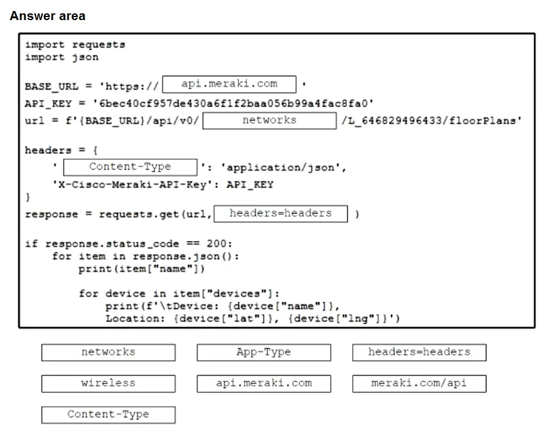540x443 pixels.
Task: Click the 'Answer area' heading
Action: coord(47,16)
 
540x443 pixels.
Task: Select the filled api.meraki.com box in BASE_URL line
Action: coord(229,84)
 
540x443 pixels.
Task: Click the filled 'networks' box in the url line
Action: coord(269,120)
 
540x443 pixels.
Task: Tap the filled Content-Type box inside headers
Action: coord(130,167)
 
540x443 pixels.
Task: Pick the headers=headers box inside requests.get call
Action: coord(281,214)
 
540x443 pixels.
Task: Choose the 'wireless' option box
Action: coord(108,383)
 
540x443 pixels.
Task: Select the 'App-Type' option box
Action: coord(264,352)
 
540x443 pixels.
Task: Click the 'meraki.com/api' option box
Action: coord(419,383)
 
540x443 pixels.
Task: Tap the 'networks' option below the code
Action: coord(108,352)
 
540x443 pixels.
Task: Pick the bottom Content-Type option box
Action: coord(108,415)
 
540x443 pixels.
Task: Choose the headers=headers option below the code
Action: coord(419,352)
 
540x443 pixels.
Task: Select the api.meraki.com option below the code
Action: coord(264,383)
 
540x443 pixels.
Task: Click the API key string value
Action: coord(233,103)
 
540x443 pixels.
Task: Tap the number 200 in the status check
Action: coord(216,244)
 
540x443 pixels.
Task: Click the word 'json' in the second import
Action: coord(85,57)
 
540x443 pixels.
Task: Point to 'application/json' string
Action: coord(280,167)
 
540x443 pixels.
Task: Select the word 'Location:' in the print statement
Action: coord(136,318)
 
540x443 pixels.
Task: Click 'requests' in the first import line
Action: coord(99,45)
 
